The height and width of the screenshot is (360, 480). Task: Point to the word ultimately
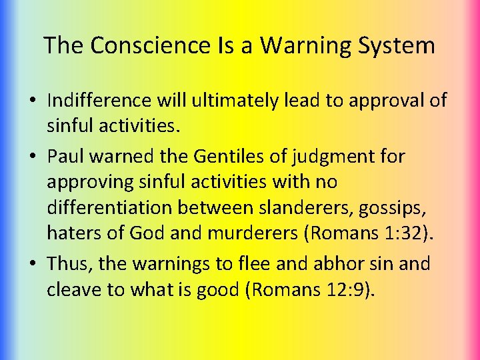[x=234, y=101]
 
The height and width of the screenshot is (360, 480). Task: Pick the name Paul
[x=65, y=157]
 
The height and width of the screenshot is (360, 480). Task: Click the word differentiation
[x=110, y=207]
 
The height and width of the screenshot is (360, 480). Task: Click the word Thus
[x=70, y=264]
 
